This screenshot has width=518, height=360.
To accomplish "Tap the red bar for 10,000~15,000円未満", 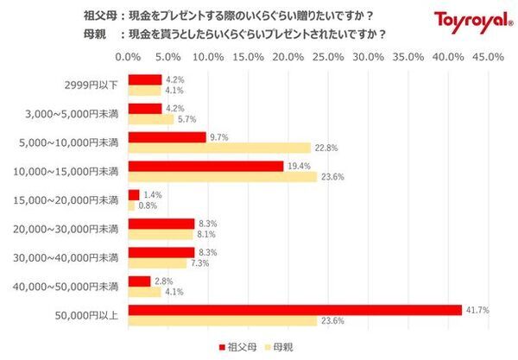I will tap(205, 166).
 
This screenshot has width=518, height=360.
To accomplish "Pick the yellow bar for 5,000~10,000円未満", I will tap(219, 148).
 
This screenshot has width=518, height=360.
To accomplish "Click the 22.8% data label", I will tap(325, 148).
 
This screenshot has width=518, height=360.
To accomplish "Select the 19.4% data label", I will tap(298, 166).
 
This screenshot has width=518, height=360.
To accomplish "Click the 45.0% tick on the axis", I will tap(488, 57).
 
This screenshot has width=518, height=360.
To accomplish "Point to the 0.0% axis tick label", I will tap(128, 57).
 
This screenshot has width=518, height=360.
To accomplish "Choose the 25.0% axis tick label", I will tap(328, 57).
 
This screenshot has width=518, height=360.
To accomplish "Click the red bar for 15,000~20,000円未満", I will tap(133, 195).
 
